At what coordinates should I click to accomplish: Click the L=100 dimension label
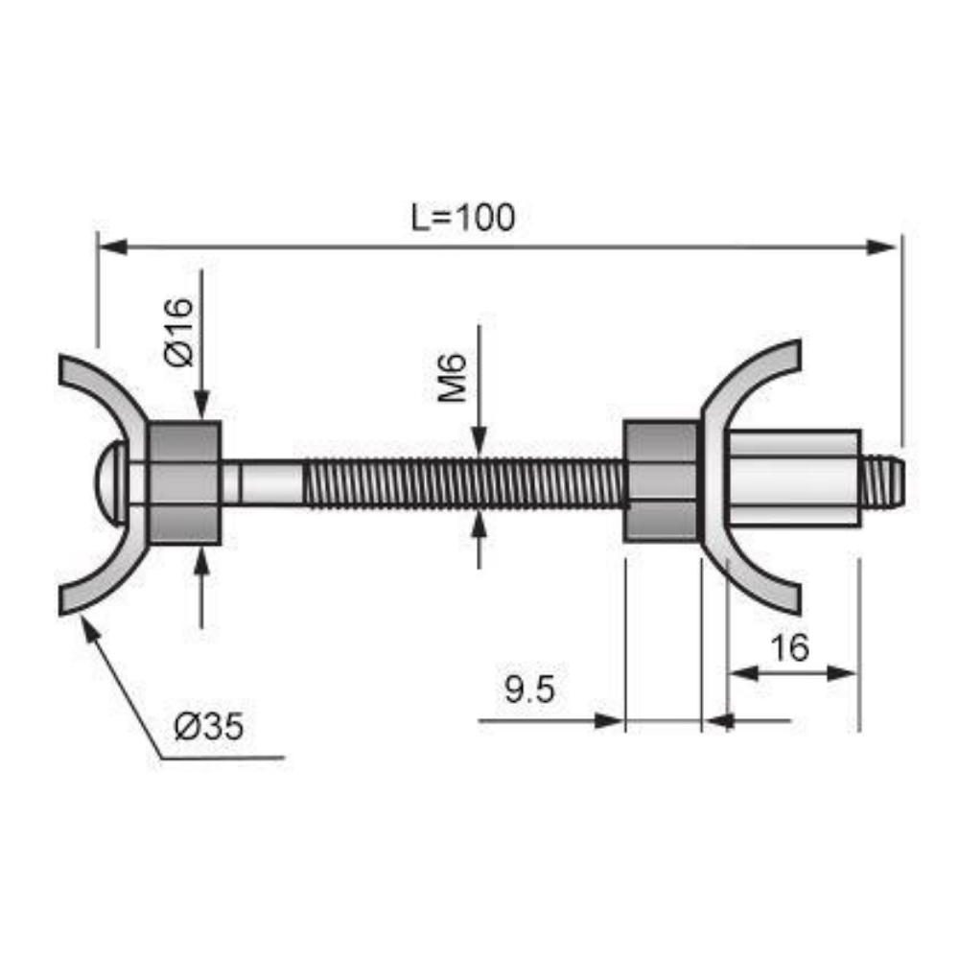(x=463, y=218)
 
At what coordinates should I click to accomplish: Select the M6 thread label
(x=454, y=376)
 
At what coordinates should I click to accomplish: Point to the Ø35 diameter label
(x=209, y=727)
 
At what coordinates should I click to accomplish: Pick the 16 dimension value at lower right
(x=789, y=648)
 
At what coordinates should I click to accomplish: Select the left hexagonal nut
(x=184, y=482)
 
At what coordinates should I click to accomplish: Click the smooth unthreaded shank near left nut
(x=264, y=482)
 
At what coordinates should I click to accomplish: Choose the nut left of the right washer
(x=661, y=481)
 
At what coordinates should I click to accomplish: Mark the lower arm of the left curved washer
(x=96, y=587)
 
